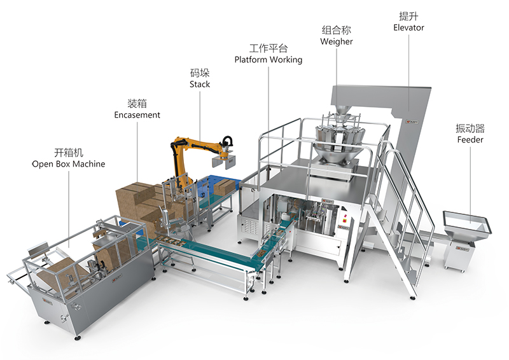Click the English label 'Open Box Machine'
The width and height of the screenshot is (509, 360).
point(69,164)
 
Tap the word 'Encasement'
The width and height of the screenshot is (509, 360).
point(137,115)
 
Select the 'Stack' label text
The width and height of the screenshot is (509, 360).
point(200,85)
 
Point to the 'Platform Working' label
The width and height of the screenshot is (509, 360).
point(268,60)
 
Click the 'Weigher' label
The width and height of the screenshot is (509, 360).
point(337,41)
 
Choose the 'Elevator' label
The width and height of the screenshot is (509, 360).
point(408,27)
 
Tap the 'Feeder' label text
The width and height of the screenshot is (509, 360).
point(470,139)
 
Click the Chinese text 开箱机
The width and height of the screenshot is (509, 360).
point(69,152)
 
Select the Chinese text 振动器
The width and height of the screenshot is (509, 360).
point(470,128)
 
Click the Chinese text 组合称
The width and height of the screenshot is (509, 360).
point(337,30)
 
